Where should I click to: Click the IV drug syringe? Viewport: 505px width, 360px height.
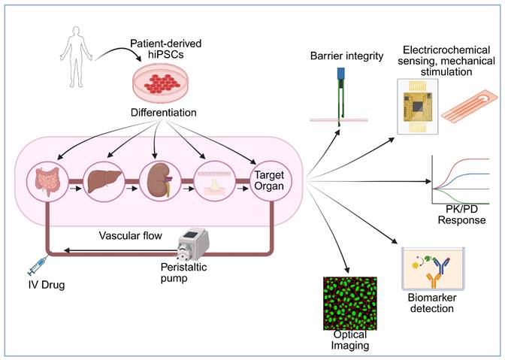coord(38,267)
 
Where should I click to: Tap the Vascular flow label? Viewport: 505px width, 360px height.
coord(130,235)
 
